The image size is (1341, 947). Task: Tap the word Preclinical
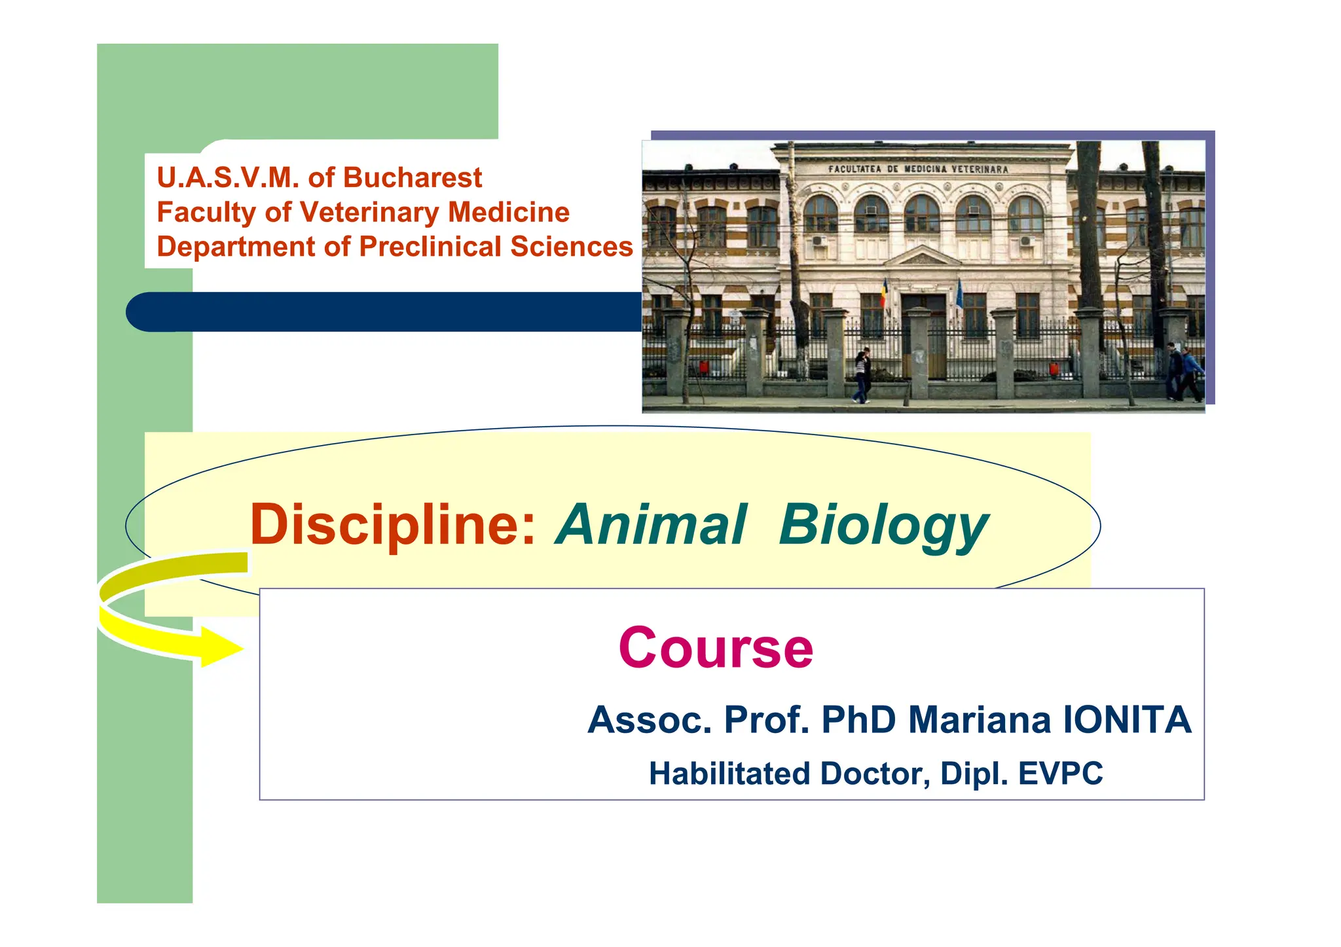click(x=432, y=247)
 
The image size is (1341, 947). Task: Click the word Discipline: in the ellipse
click(x=393, y=525)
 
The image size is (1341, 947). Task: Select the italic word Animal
click(x=652, y=525)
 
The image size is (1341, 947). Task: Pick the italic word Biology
click(x=883, y=526)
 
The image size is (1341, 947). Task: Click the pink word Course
click(x=716, y=648)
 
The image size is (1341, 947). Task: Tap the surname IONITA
click(x=1127, y=720)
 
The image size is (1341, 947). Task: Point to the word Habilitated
click(x=729, y=774)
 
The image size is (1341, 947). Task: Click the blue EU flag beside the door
click(x=959, y=293)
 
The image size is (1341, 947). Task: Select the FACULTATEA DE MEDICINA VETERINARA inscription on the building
click(x=918, y=169)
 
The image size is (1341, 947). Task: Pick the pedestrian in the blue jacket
click(x=1192, y=373)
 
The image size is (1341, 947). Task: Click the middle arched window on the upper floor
click(x=922, y=213)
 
